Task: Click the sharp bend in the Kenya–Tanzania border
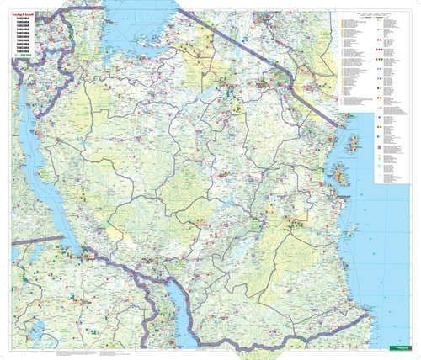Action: pyautogui.click(x=291, y=81)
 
